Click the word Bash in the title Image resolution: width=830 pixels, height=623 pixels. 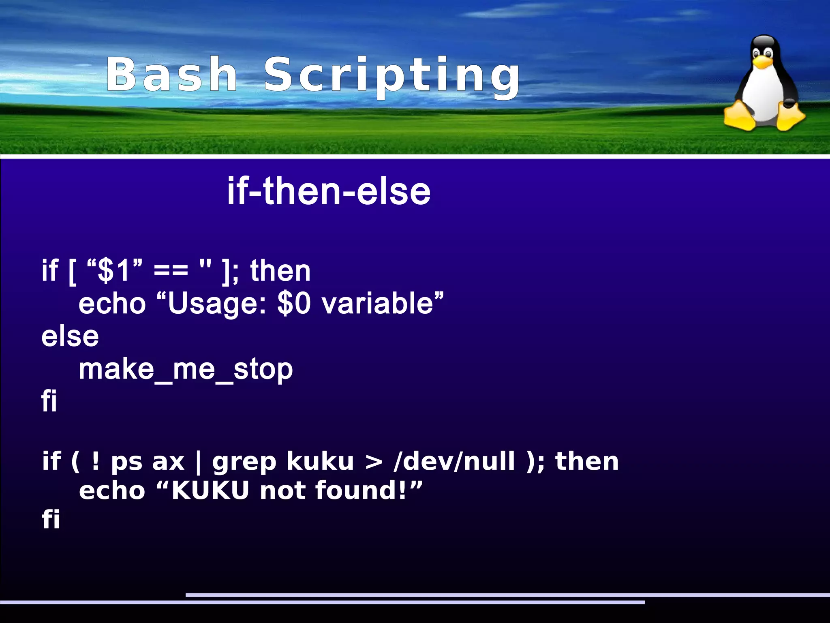171,75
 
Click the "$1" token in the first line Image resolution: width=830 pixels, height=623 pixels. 115,270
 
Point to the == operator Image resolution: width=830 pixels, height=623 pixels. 171,270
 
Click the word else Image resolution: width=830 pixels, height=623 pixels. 70,336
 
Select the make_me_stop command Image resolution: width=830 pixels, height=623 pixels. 186,369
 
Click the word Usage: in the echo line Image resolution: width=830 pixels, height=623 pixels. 217,304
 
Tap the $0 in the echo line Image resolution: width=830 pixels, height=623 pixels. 294,304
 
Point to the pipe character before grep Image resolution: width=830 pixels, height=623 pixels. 198,462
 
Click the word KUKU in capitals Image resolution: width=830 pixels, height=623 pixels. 210,490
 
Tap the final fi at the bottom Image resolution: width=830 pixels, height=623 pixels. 51,519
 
